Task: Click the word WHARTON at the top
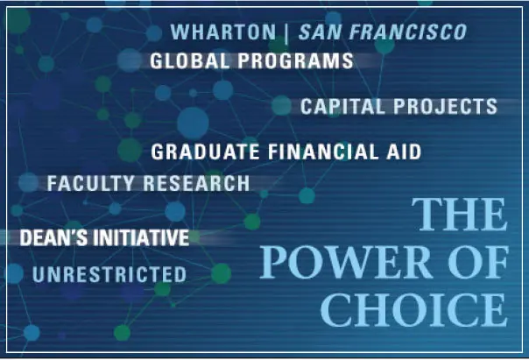click(x=223, y=32)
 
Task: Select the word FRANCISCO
click(x=408, y=32)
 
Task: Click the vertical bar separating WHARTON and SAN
click(x=286, y=33)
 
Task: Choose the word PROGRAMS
click(x=295, y=61)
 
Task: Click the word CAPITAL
click(x=342, y=106)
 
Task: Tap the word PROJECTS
click(x=445, y=106)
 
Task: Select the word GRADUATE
click(x=205, y=152)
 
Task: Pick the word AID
click(x=404, y=152)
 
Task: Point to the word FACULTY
click(x=90, y=183)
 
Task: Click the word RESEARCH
click(x=196, y=183)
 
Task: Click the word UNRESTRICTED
click(x=109, y=274)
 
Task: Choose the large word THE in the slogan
click(x=460, y=215)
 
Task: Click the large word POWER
click(x=345, y=262)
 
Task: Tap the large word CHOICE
click(x=414, y=310)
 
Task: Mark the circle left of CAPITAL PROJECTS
click(x=281, y=105)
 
